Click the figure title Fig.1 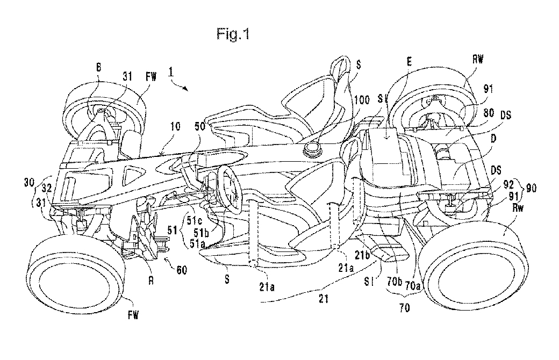[x=233, y=35]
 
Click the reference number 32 [x=46, y=189]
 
